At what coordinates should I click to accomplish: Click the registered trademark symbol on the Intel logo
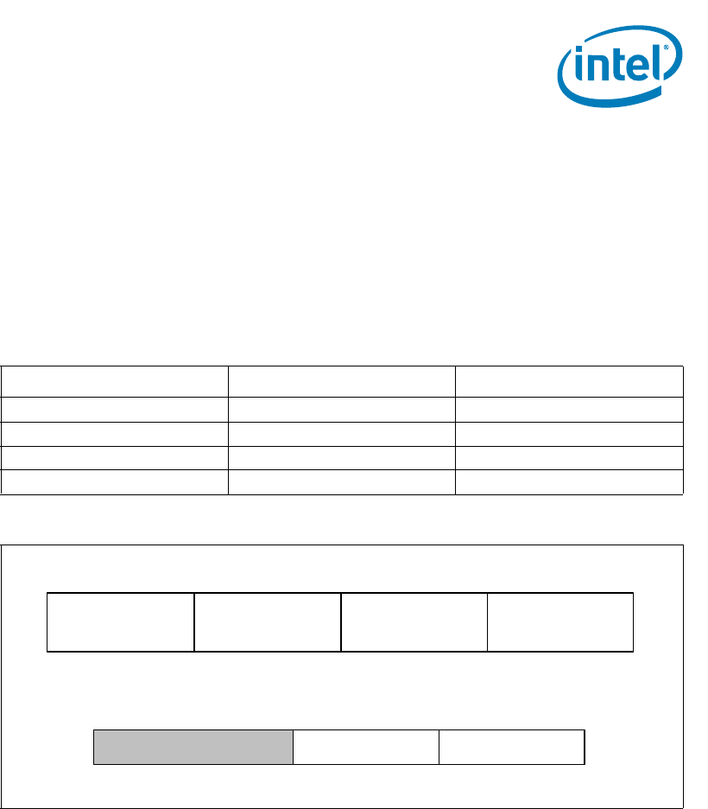[x=666, y=48]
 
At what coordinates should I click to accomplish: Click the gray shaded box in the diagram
[x=193, y=747]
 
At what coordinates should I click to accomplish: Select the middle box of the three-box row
[x=366, y=747]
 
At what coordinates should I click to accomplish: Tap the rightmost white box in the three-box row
[x=512, y=747]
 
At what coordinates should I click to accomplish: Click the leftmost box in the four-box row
[x=121, y=621]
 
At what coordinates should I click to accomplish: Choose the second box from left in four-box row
[x=268, y=621]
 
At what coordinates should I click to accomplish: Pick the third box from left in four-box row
[x=414, y=621]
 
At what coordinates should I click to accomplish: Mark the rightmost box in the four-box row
[x=560, y=621]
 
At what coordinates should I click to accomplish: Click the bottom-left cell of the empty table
[x=115, y=482]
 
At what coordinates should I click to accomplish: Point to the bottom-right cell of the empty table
[x=569, y=482]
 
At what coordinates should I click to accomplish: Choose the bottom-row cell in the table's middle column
[x=342, y=482]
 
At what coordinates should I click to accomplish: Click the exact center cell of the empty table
[x=342, y=433]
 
